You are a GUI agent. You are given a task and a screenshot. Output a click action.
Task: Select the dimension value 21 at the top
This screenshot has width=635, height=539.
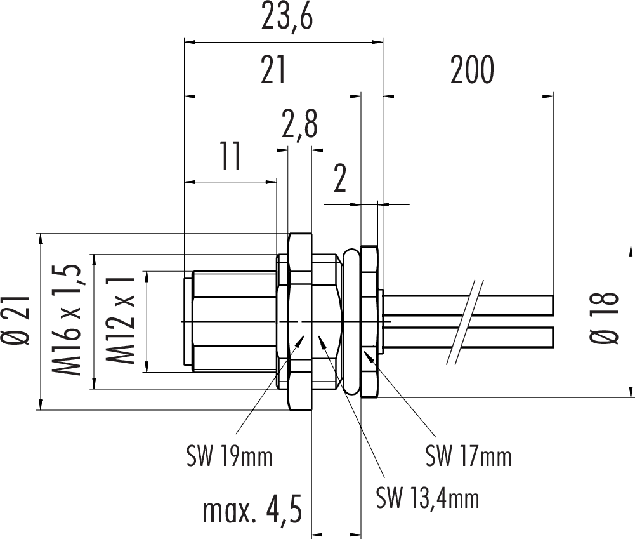pyautogui.click(x=273, y=71)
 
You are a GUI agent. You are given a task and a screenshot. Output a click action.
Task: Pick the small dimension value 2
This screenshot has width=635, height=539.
pyautogui.click(x=340, y=180)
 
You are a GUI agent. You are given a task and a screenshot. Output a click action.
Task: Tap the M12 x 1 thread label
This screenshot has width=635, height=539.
pyautogui.click(x=120, y=321)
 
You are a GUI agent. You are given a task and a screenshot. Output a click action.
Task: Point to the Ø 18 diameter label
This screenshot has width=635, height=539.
pyautogui.click(x=608, y=319)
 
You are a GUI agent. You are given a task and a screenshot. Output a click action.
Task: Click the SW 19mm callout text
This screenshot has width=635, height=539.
pyautogui.click(x=229, y=455)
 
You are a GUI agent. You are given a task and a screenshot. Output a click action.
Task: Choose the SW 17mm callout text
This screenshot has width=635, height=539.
pyautogui.click(x=468, y=455)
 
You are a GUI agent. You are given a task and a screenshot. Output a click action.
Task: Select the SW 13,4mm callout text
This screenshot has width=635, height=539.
pyautogui.click(x=427, y=498)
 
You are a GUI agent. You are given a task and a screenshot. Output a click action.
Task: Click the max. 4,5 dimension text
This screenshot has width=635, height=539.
pyautogui.click(x=252, y=511)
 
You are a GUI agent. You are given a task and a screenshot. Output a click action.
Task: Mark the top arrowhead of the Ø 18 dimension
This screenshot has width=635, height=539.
pyautogui.click(x=631, y=251)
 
